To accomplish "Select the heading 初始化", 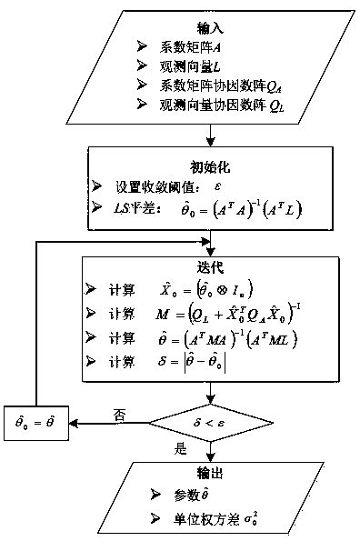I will coord(210,166).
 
